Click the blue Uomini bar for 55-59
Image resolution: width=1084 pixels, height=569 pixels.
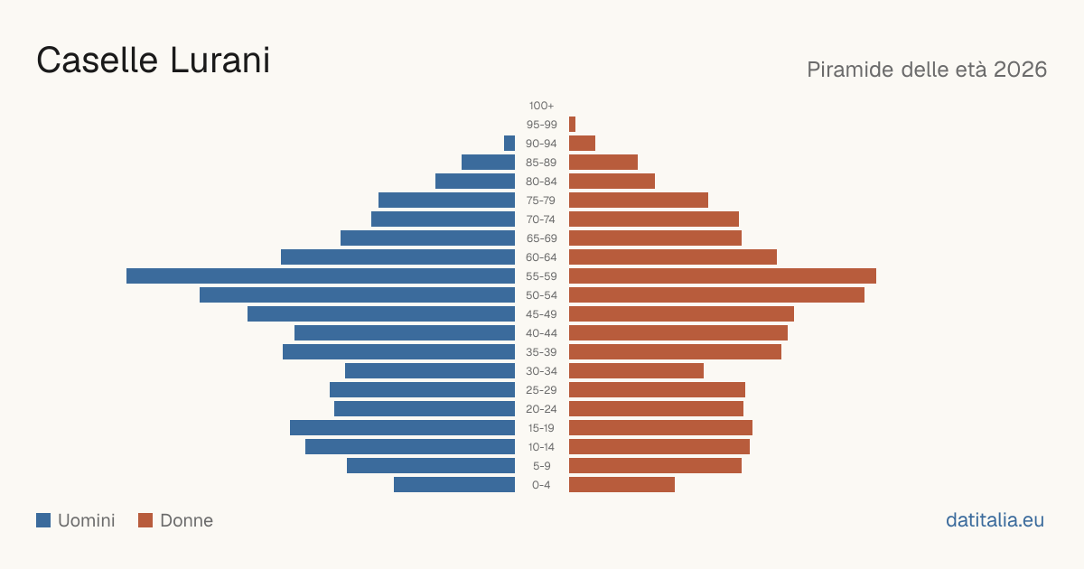coord(321,275)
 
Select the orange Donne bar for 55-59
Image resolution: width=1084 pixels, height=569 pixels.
coord(723,275)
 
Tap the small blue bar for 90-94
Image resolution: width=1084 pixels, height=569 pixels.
coord(509,144)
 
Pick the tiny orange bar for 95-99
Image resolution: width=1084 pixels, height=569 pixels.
coord(572,125)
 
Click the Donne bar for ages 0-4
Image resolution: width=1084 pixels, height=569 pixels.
coord(621,485)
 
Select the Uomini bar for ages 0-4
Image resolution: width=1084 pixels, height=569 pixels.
coord(454,485)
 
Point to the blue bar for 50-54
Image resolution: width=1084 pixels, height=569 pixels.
coord(357,295)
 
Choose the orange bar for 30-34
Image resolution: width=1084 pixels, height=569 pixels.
coord(636,371)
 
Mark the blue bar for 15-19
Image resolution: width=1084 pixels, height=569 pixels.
coord(402,428)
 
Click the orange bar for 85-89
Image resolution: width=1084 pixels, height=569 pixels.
coord(603,162)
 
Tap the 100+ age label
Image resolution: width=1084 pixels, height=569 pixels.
coord(541,106)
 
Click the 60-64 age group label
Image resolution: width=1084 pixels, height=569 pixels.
coord(541,257)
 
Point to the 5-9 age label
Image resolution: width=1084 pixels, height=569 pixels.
coord(541,466)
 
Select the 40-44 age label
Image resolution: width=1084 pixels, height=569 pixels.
coord(541,333)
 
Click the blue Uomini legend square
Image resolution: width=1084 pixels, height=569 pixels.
coord(43,520)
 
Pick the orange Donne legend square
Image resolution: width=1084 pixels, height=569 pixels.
coord(145,520)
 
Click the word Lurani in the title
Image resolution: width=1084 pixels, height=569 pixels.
coord(220,61)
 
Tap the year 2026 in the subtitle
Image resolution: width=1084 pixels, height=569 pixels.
coord(1020,70)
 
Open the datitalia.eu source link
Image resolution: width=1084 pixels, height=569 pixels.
coord(995,520)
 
